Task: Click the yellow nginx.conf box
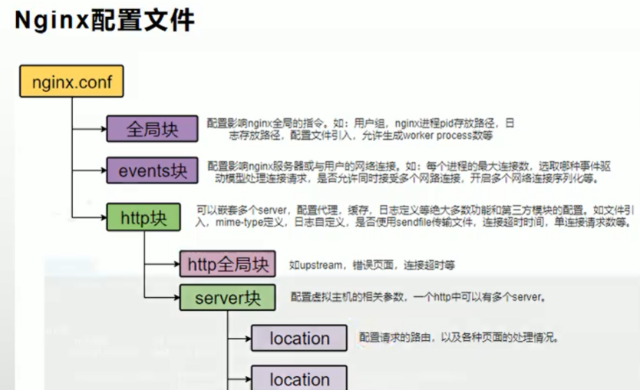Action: (71, 81)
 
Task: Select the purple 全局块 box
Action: (151, 129)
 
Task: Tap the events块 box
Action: (152, 170)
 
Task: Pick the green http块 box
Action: (144, 217)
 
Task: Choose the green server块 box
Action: (228, 298)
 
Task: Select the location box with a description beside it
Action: (299, 339)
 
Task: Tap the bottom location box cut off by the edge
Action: (299, 378)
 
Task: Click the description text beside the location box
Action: (458, 338)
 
